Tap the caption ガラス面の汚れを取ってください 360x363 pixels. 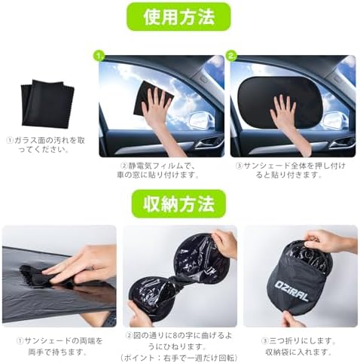45,144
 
